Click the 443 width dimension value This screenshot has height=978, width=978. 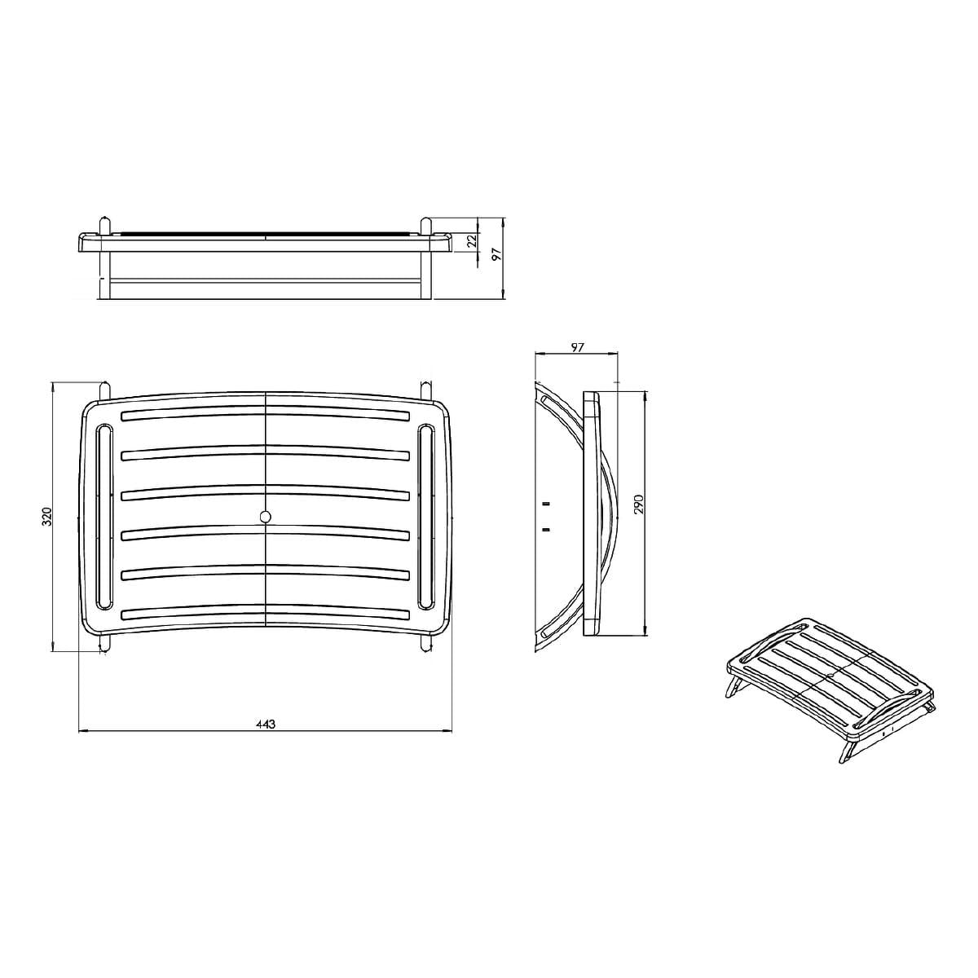(265, 725)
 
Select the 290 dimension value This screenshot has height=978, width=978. (638, 505)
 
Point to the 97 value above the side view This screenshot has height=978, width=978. (577, 348)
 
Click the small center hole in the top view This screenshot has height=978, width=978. (265, 517)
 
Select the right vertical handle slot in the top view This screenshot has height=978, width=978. (426, 516)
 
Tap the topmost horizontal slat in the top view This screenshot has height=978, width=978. (265, 414)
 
